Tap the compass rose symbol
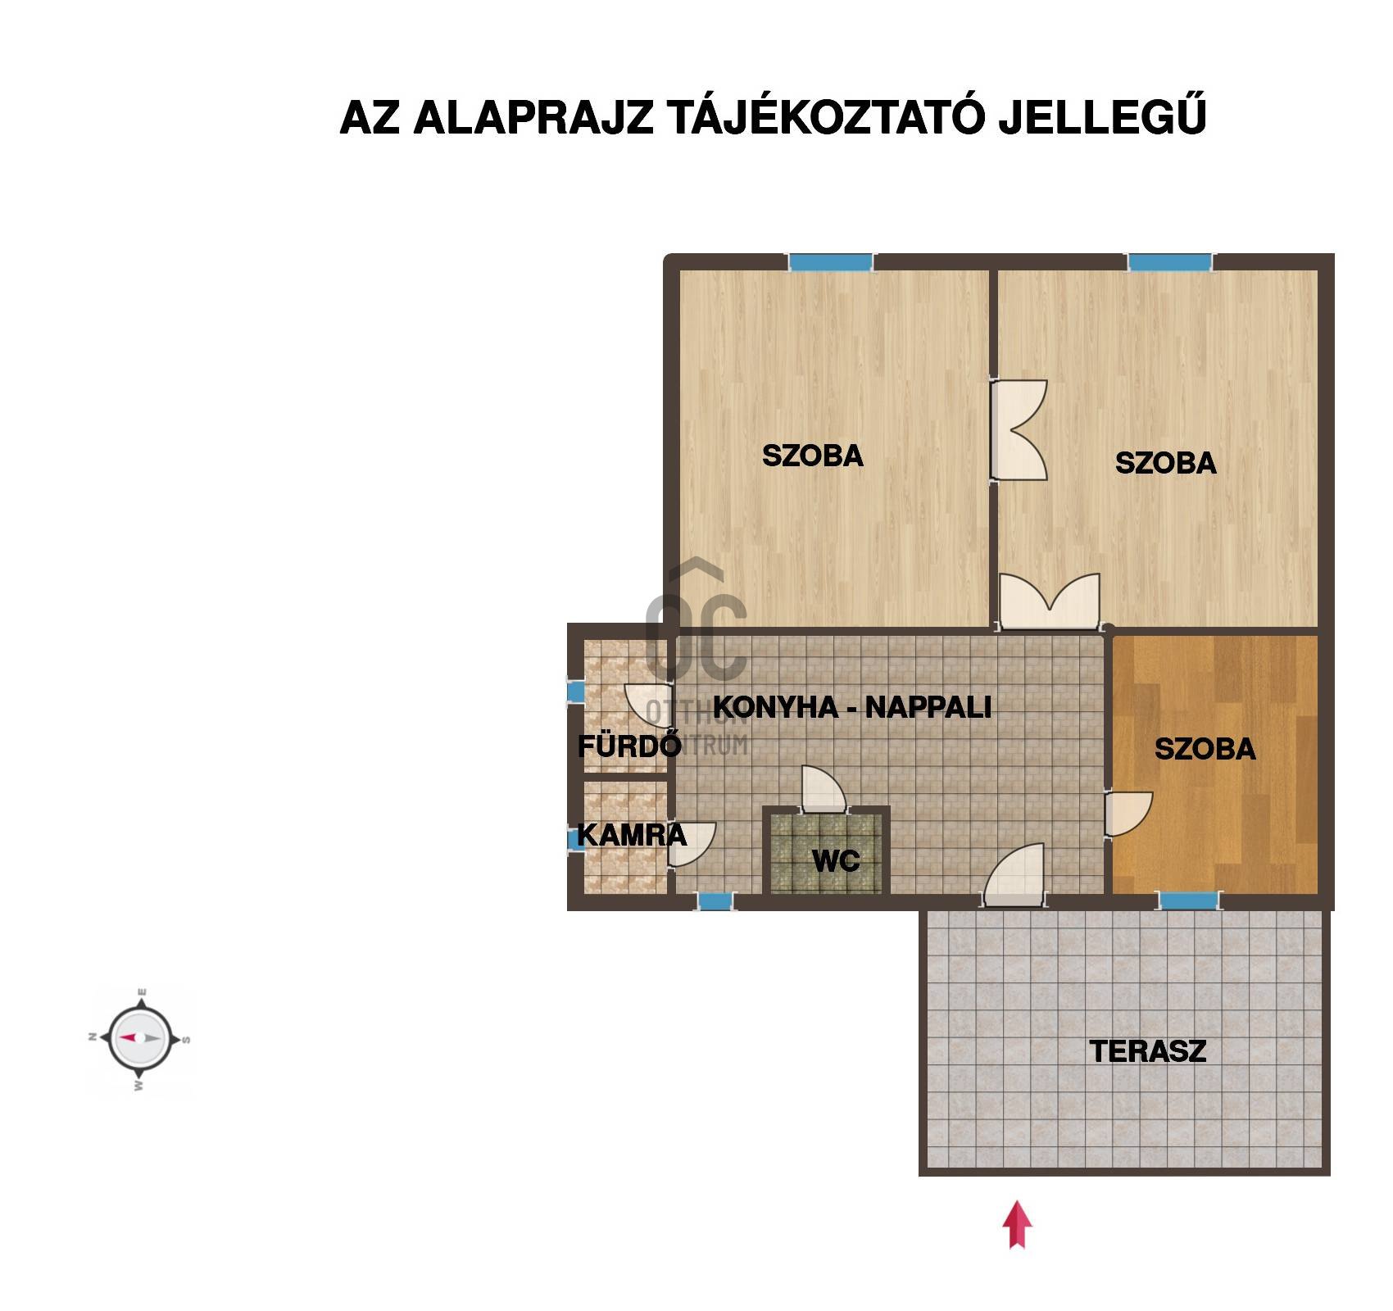point(140,1037)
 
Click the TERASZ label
point(1148,1051)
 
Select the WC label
point(836,860)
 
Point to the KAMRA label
point(632,835)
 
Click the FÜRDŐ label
point(629,745)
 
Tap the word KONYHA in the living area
point(776,707)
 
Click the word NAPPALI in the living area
point(928,707)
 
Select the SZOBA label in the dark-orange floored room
point(1205,749)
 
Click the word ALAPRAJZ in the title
point(533,118)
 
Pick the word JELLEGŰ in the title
point(1102,116)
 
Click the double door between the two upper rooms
point(1019,430)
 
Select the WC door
point(824,789)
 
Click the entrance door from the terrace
point(1014,876)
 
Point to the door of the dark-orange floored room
point(1128,814)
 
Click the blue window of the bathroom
point(576,692)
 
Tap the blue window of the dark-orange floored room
point(1189,900)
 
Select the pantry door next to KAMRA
point(692,844)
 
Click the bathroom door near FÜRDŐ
point(649,705)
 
